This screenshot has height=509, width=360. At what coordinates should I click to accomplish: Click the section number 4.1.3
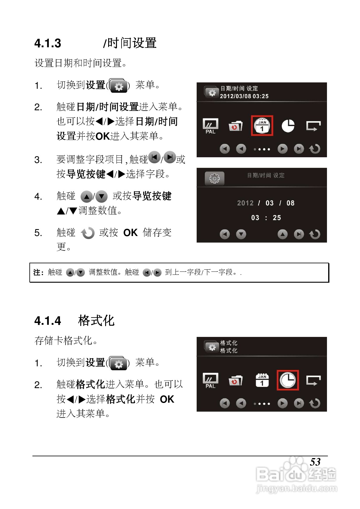pos(48,43)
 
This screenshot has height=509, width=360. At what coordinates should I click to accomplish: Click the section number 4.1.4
pos(48,321)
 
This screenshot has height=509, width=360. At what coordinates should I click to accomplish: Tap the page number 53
pos(315,462)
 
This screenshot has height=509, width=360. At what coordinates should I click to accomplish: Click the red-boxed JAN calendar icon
pos(262,126)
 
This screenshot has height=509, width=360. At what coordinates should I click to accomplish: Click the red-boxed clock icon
pos(288,380)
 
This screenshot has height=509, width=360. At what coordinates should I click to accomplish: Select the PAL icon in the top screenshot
pos(210,126)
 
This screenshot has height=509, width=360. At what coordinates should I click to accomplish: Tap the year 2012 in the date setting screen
pos(245,203)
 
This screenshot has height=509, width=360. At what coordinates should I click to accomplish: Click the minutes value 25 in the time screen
pos(277,218)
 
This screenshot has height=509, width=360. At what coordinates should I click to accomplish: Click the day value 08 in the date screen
pos(290,203)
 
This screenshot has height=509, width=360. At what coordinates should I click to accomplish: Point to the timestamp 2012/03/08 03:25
pos(244,96)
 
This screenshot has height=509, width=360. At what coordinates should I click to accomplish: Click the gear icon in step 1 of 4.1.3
pos(118,86)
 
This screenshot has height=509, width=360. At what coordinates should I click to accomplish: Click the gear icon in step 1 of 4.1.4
pos(118,363)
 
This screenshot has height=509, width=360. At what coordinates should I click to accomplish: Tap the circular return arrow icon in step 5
pos(88,233)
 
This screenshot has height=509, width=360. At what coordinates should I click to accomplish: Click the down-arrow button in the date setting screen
pos(241,234)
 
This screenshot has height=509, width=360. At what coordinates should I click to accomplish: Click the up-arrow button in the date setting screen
pos(282,234)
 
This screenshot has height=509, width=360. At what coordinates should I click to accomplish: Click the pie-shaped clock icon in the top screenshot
pos(288,126)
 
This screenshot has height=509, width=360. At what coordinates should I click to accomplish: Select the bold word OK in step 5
pos(130,233)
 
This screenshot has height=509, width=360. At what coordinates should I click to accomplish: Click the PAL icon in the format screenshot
pos(210,380)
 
